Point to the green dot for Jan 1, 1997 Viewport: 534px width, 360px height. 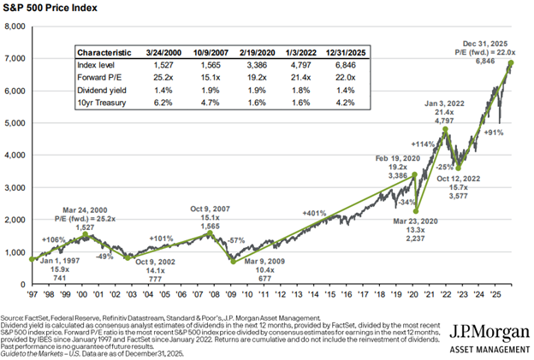[33, 259]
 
